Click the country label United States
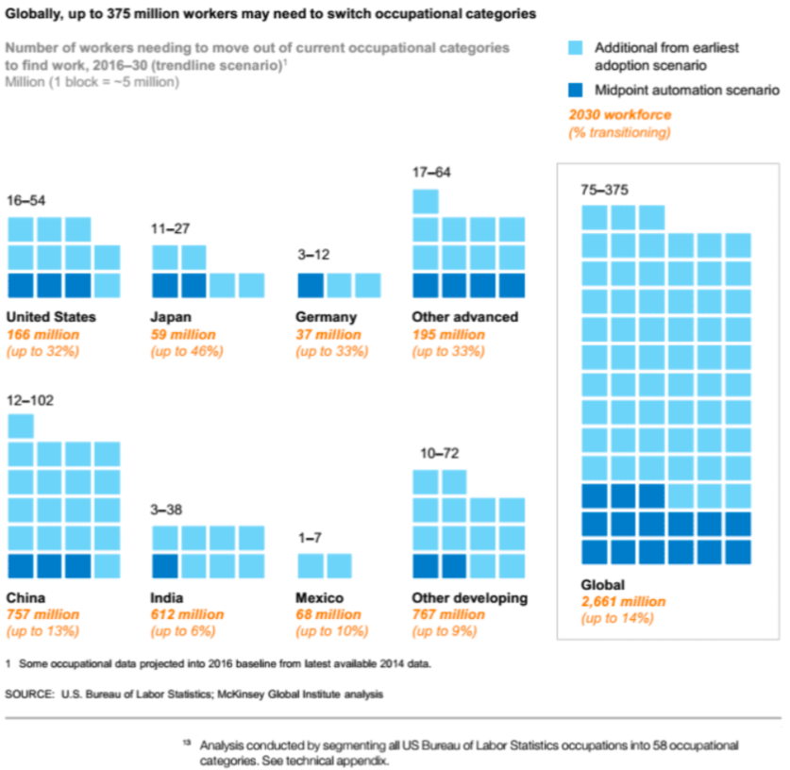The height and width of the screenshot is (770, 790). click(51, 317)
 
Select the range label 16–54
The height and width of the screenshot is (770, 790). click(25, 201)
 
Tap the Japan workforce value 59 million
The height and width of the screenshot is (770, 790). click(183, 334)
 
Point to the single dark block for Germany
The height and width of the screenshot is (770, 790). click(311, 286)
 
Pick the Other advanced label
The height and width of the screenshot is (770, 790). click(465, 317)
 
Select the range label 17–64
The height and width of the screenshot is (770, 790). click(431, 173)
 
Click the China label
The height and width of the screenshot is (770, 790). click(25, 597)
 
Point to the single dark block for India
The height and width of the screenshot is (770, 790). click(165, 565)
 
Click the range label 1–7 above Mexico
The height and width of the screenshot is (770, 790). click(311, 538)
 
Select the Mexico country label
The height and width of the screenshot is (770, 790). click(319, 597)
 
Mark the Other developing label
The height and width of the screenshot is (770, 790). click(470, 597)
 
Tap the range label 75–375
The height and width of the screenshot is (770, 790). click(604, 190)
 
